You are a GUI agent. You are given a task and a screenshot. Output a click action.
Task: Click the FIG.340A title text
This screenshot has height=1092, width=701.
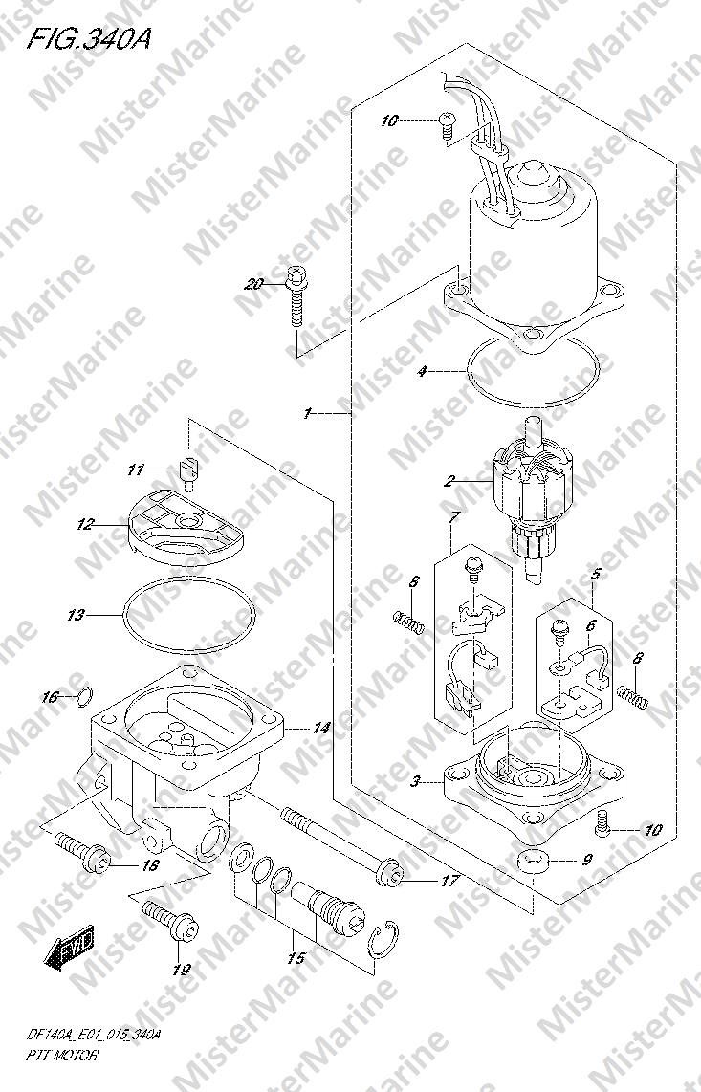[x=89, y=38]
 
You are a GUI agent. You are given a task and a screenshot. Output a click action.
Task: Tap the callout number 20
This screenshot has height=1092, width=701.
[x=254, y=283]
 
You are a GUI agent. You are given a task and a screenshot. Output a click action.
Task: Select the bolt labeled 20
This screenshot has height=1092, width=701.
[x=296, y=296]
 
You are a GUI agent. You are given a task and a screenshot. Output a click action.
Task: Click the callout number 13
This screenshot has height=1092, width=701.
[x=76, y=615]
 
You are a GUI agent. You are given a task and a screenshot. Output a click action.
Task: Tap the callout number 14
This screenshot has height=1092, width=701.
[x=320, y=729]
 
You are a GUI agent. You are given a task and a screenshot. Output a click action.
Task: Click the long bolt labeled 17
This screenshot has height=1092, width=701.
[x=341, y=844]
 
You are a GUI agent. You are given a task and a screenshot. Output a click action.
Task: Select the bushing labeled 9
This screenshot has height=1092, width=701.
[x=533, y=862]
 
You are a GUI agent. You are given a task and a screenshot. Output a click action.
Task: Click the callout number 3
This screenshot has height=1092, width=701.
[x=415, y=781]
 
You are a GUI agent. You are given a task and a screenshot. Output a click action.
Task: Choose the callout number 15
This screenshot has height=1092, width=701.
[x=296, y=958]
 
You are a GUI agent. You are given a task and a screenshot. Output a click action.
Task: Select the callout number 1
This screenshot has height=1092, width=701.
[x=307, y=414]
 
